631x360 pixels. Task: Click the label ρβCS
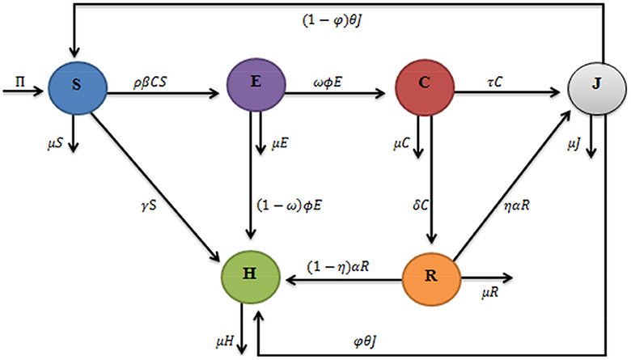pos(156,80)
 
